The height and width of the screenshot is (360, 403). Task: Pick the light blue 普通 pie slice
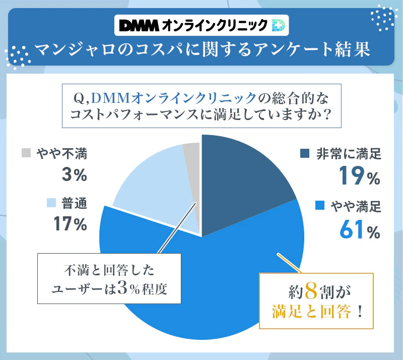(151, 192)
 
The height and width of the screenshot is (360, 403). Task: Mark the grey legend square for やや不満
(26, 153)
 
